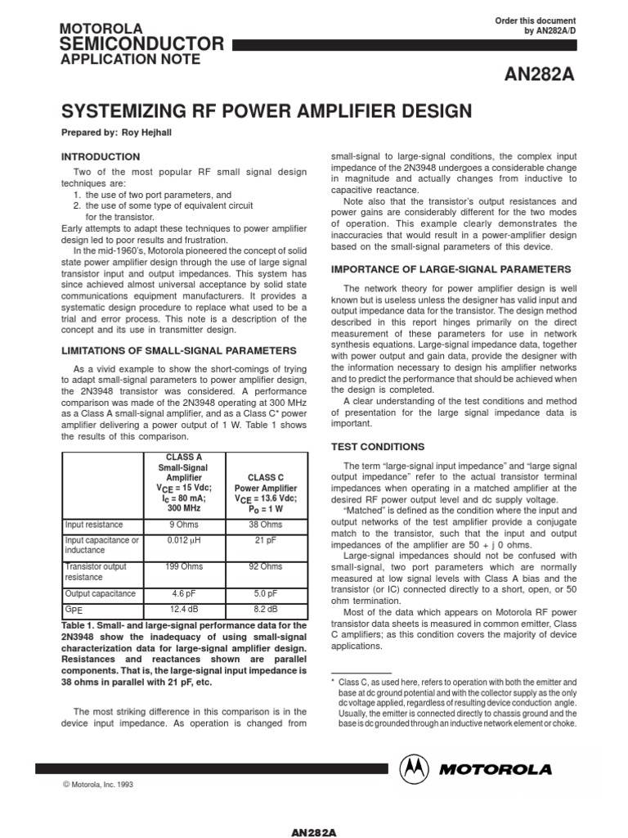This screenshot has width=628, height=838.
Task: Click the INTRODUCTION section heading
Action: click(101, 156)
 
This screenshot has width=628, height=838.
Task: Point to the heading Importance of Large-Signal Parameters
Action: click(451, 268)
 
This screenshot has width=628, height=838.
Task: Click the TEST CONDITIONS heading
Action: click(377, 447)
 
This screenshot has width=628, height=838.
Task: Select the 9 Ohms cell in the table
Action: click(184, 525)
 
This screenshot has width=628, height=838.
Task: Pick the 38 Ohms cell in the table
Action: click(266, 525)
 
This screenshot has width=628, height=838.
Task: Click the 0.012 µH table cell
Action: click(184, 540)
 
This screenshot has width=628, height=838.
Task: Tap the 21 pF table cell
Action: click(266, 540)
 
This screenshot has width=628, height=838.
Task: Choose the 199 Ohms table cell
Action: click(184, 566)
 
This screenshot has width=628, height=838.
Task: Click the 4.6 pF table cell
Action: click(184, 593)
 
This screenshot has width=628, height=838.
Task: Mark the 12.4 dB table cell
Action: click(184, 610)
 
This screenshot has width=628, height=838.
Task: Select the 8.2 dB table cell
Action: click(266, 610)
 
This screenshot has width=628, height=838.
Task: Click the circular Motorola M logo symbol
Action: click(415, 769)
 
